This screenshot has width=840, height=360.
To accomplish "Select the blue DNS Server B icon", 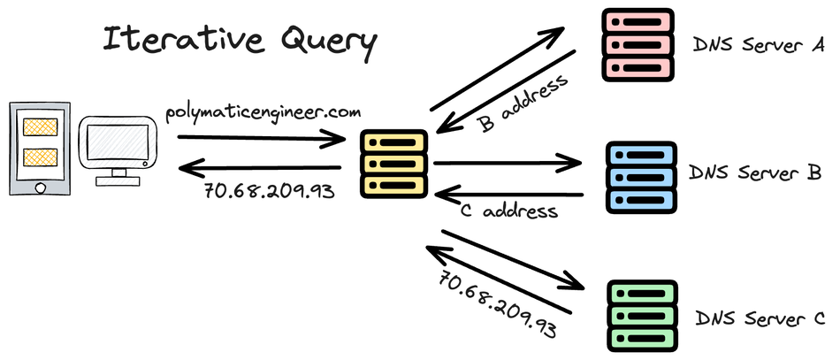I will (641, 176).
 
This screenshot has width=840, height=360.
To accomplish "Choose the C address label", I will (510, 212).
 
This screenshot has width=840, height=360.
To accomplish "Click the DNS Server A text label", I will (758, 44).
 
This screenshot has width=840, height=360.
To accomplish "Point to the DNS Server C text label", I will (760, 318).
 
